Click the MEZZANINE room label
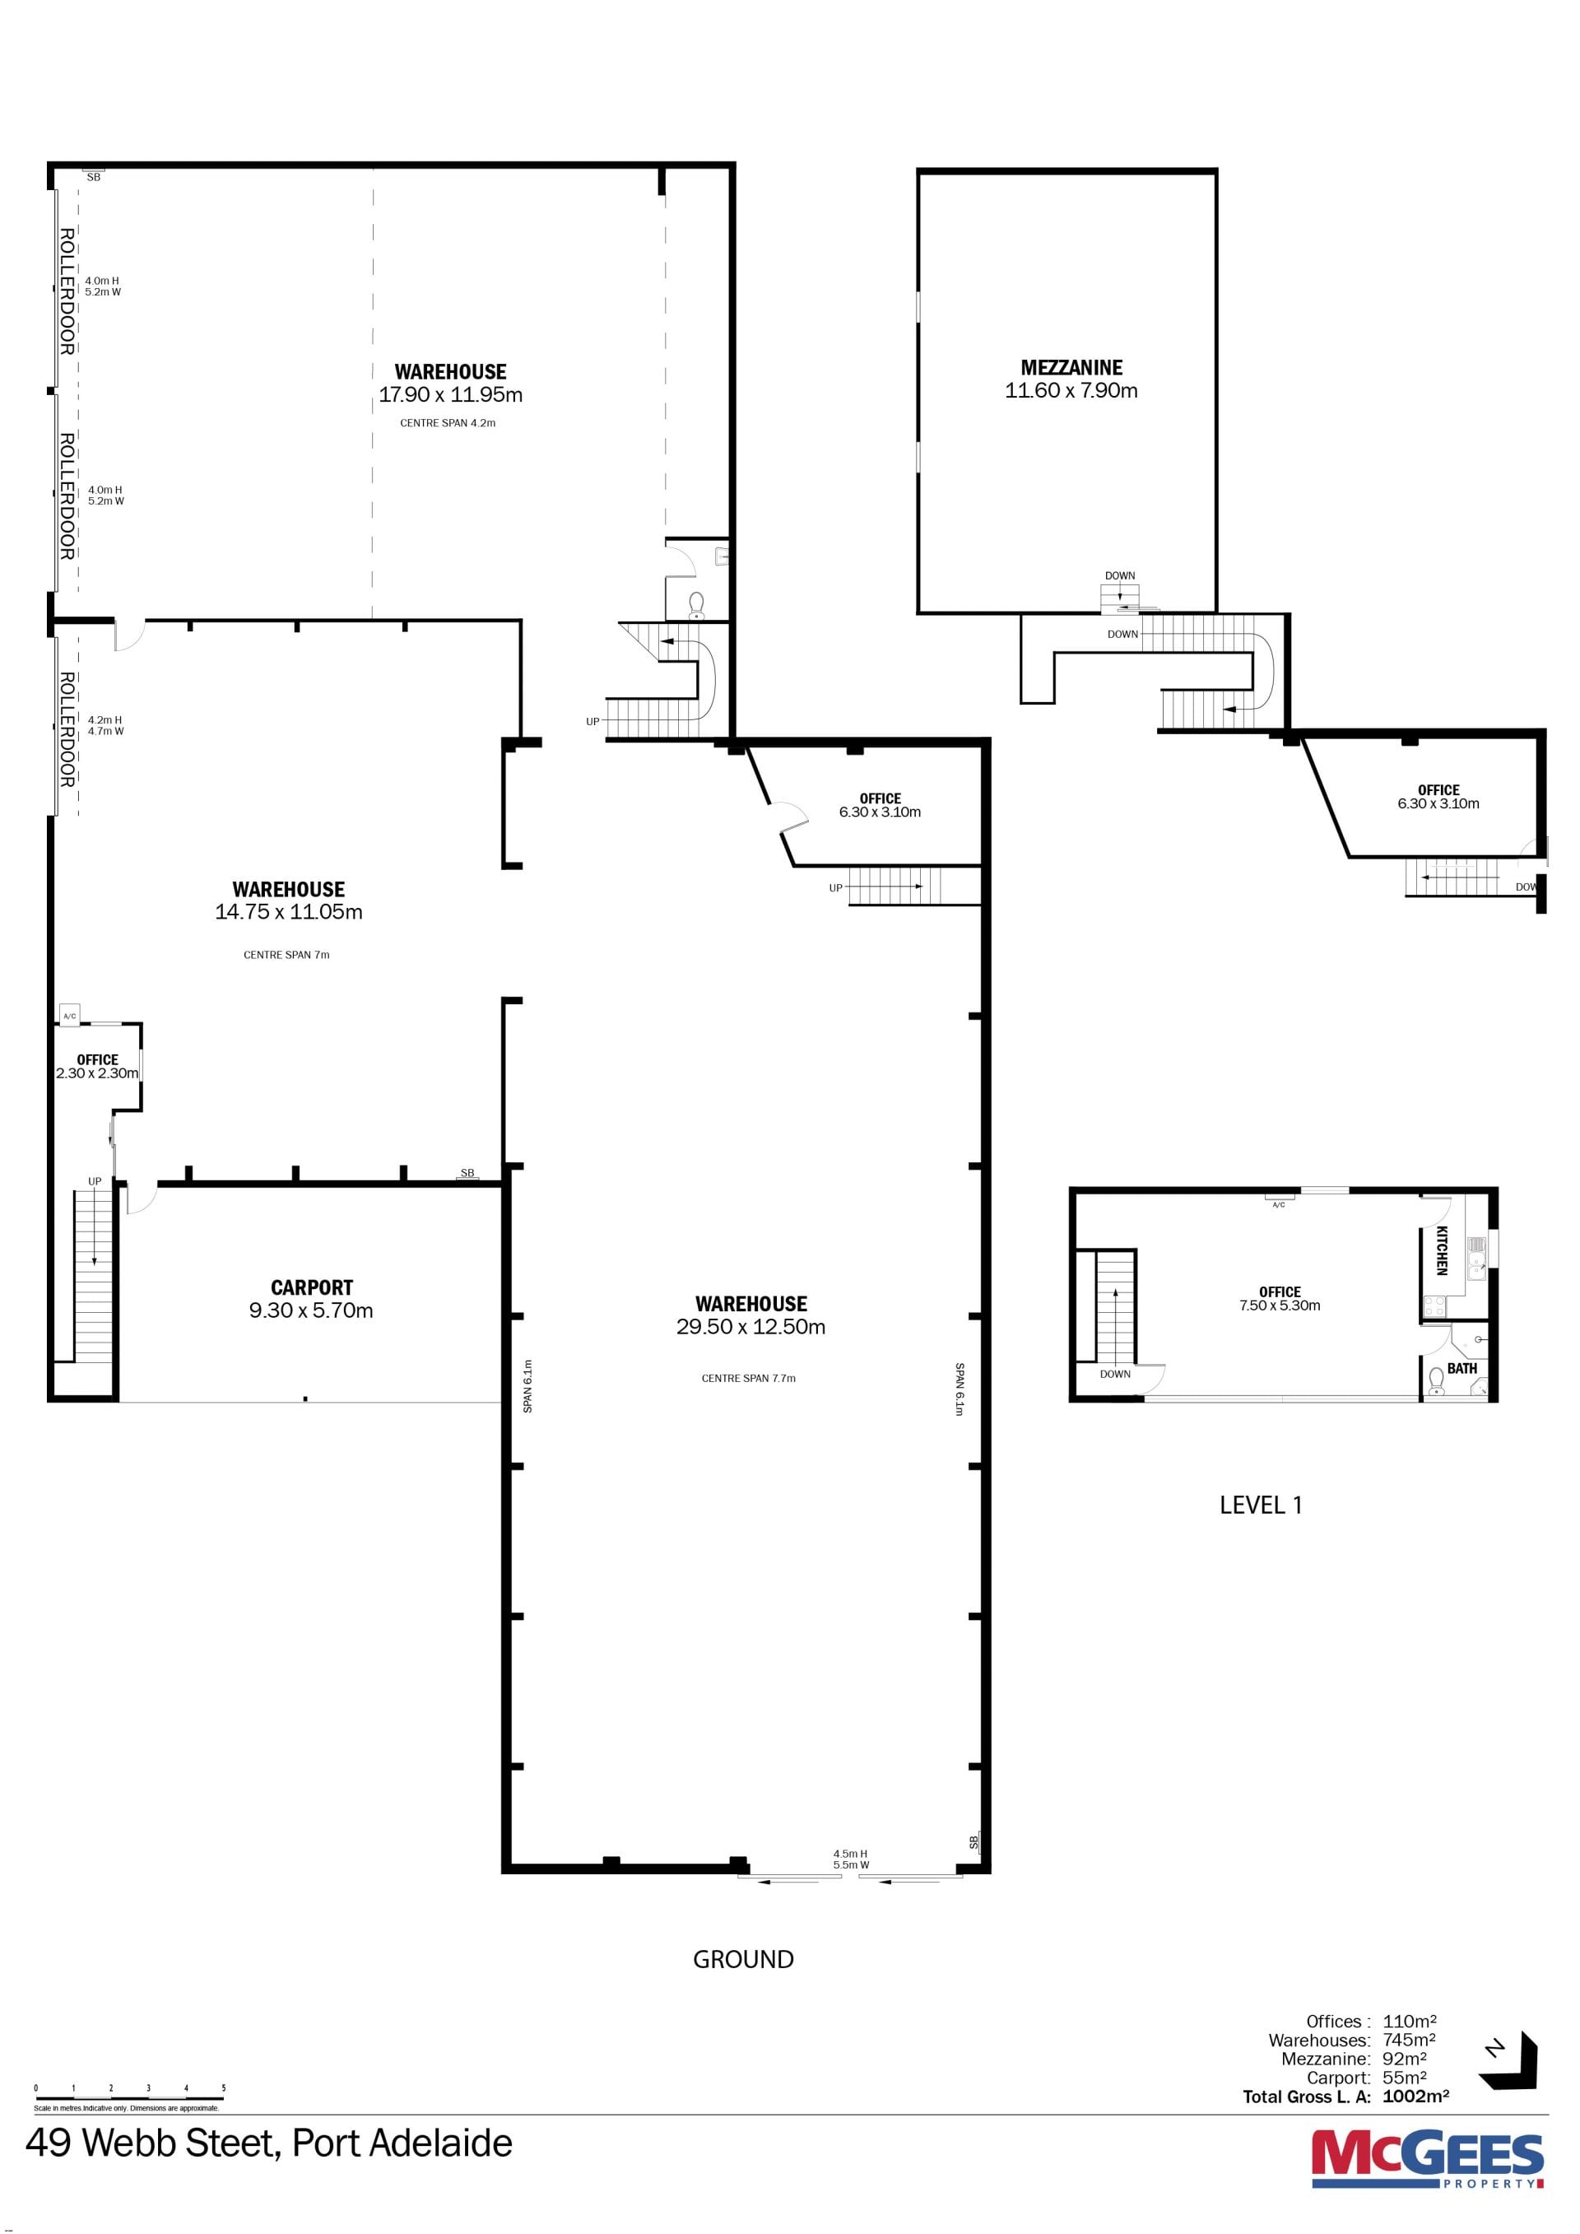coord(1071,368)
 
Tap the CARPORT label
coord(311,1287)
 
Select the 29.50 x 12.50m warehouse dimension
coord(751,1327)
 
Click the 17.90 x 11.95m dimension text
coord(450,395)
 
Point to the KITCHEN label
coord(1442,1250)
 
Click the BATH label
coord(1462,1368)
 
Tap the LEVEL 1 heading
coord(1261,1506)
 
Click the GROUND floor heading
coord(743,1960)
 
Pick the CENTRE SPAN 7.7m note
coord(748,1379)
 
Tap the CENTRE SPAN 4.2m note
coord(448,423)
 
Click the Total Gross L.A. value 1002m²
coord(1415,2097)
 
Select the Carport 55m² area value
coord(1405,2078)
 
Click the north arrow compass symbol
coord(1511,2061)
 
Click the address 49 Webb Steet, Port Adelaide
coord(269,2143)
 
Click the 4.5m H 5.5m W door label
coord(850,1859)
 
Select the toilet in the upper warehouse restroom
coord(695,604)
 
